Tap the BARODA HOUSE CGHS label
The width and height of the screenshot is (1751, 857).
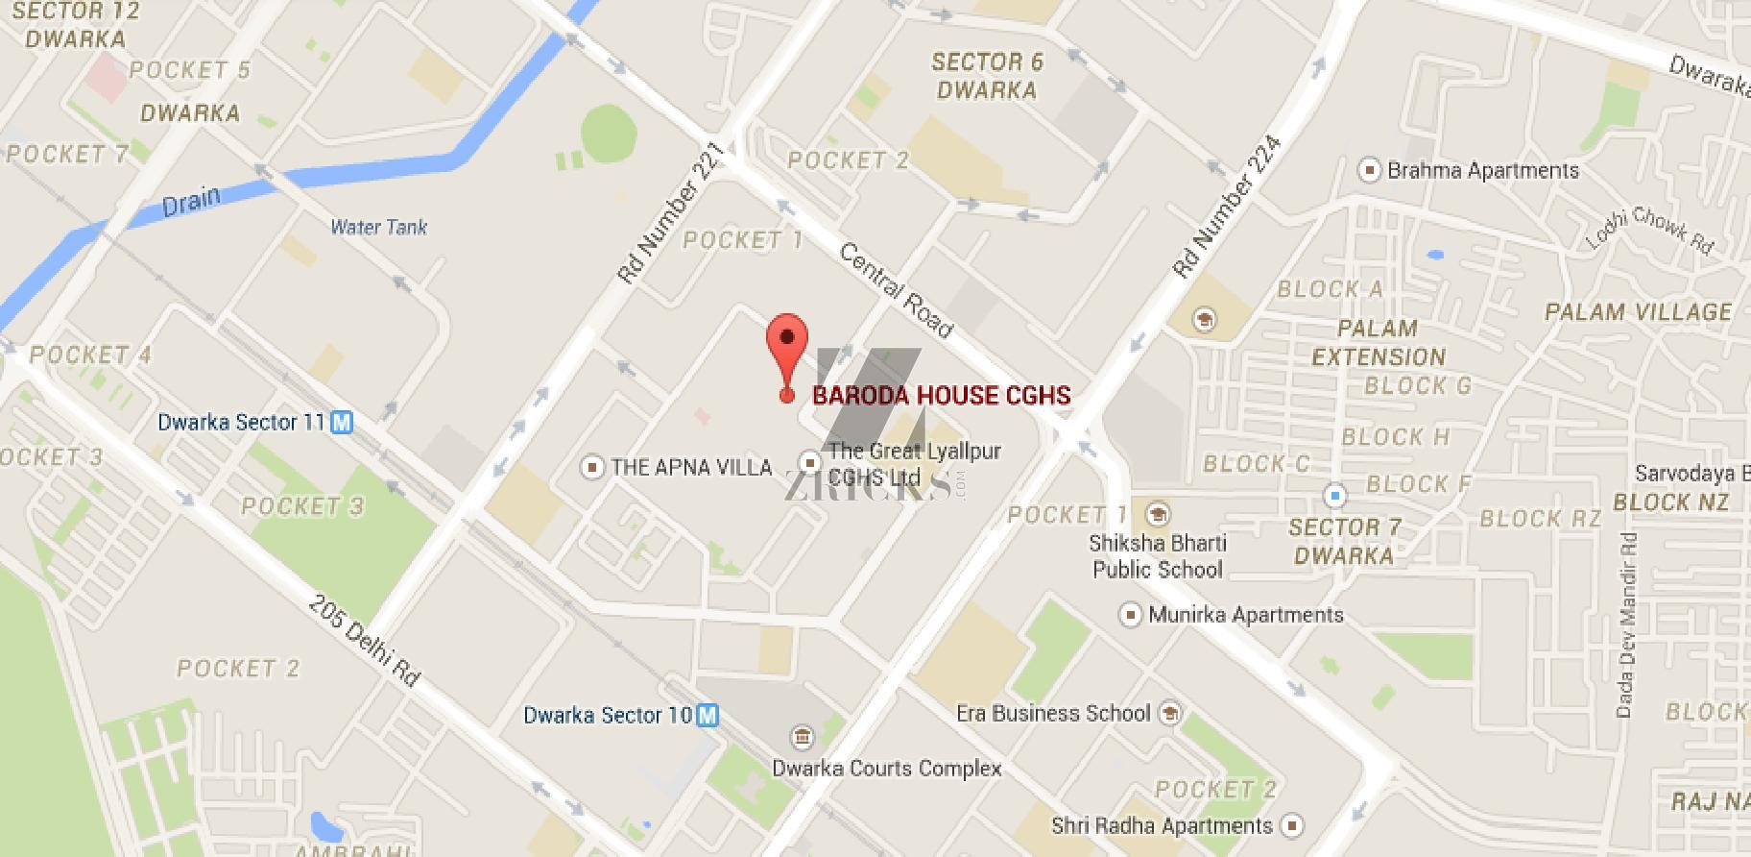pyautogui.click(x=941, y=395)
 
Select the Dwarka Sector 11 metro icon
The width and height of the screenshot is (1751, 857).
pyautogui.click(x=342, y=422)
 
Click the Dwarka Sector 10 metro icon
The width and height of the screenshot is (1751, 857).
pyautogui.click(x=708, y=715)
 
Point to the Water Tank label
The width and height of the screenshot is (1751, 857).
pyautogui.click(x=378, y=227)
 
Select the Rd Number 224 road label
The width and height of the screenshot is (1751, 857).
pyautogui.click(x=1227, y=208)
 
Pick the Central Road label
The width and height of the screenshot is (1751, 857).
pyautogui.click(x=897, y=290)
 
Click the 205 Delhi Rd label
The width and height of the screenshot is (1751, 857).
pyautogui.click(x=365, y=641)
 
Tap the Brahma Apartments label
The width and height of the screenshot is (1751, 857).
pyautogui.click(x=1483, y=171)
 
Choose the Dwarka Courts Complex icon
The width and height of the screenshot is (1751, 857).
pyautogui.click(x=800, y=738)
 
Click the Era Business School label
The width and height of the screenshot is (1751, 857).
pyautogui.click(x=1053, y=713)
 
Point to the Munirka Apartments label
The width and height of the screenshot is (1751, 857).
pyautogui.click(x=1246, y=614)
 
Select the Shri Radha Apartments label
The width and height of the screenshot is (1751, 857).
pyautogui.click(x=1162, y=825)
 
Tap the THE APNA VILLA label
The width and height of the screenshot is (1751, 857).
pyautogui.click(x=691, y=468)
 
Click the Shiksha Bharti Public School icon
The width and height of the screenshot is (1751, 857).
pyautogui.click(x=1159, y=513)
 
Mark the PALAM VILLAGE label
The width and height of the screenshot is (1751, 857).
pyautogui.click(x=1638, y=312)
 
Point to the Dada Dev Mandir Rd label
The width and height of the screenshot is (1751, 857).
pyautogui.click(x=1624, y=624)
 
